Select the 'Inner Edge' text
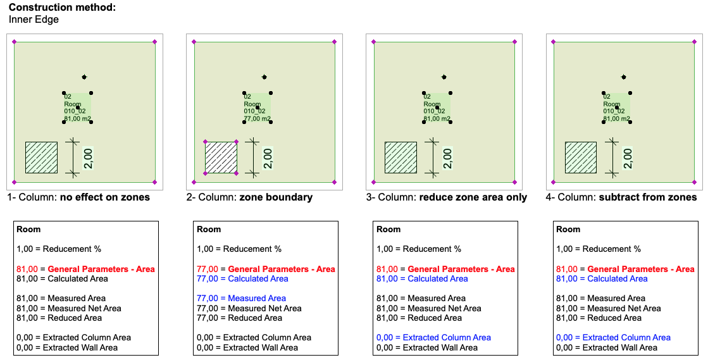pos(34,20)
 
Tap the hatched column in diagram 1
pos(41,158)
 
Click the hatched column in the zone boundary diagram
pos(221,158)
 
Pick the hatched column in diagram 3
pos(401,158)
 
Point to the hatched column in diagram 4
pos(581,158)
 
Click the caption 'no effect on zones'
pos(105,197)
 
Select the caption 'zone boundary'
pos(276,197)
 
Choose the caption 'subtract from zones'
pos(648,197)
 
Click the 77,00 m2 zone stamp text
pos(257,119)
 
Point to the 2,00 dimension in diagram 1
pos(89,158)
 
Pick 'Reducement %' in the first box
pos(71,249)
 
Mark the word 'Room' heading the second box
pos(209,229)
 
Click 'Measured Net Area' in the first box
pos(84,308)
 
